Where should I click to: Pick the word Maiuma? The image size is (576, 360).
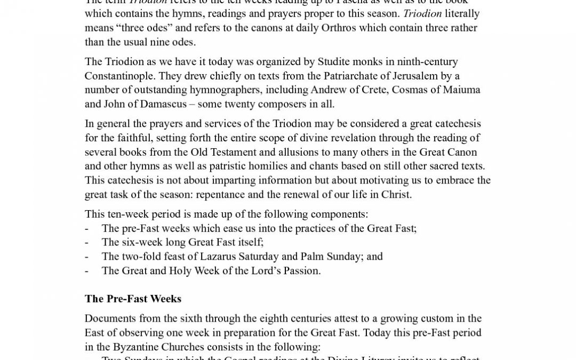[x=449, y=90]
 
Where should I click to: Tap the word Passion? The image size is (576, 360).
[x=302, y=270]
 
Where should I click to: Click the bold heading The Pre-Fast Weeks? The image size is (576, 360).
[x=133, y=299]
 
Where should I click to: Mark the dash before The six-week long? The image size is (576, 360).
[x=86, y=243]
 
